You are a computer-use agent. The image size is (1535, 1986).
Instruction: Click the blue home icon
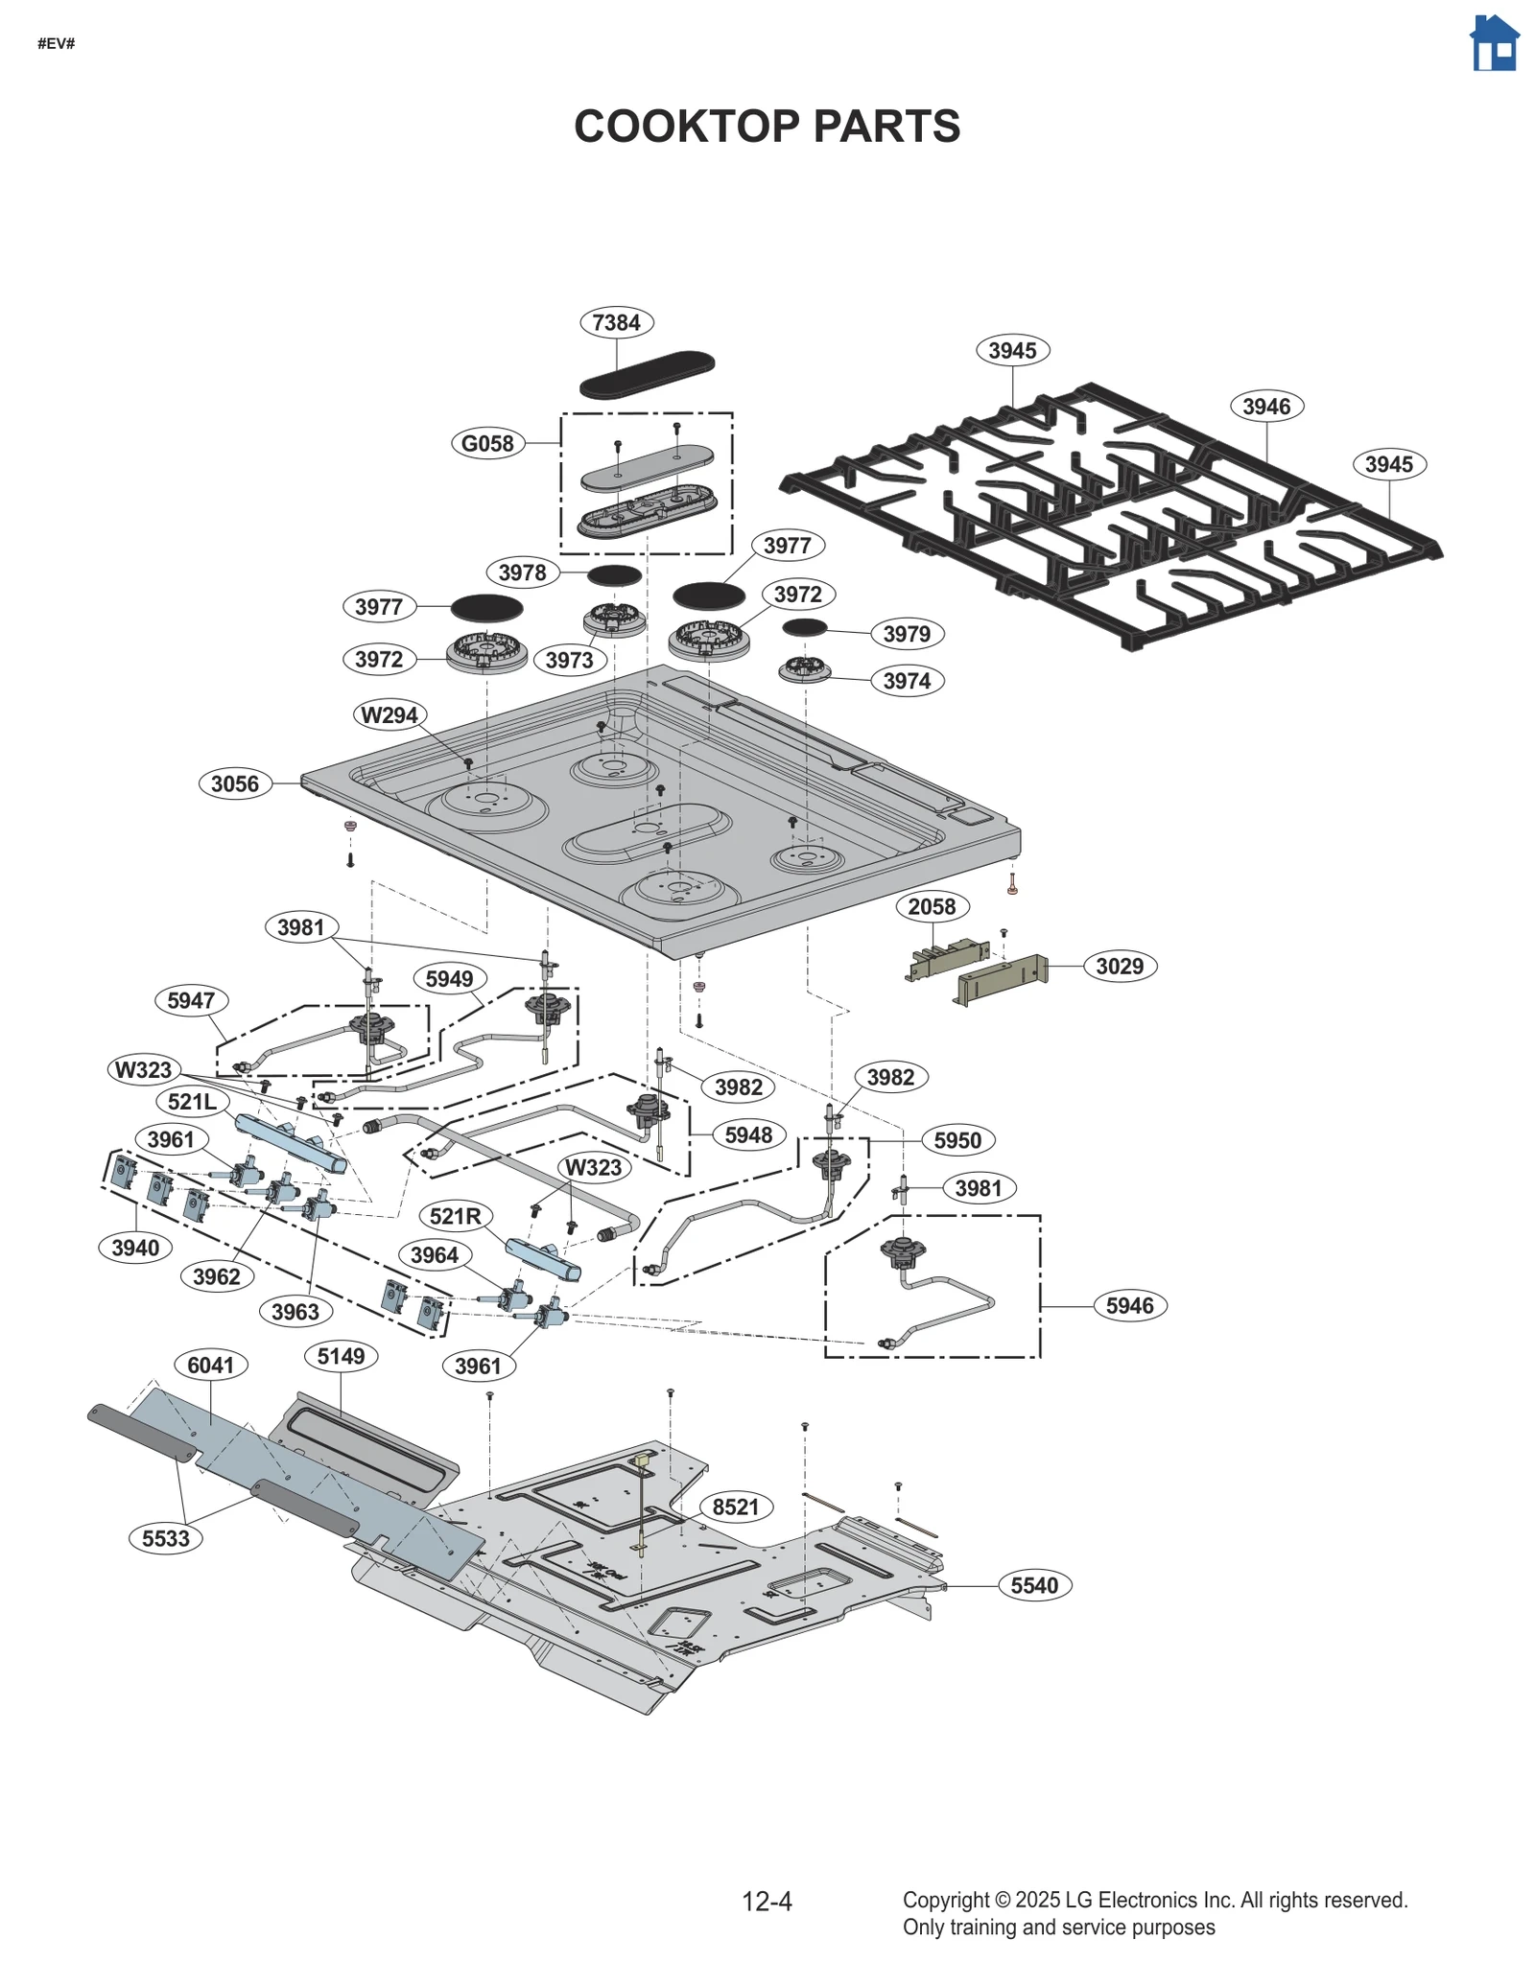tap(1494, 43)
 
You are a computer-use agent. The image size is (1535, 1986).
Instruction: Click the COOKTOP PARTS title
tap(767, 127)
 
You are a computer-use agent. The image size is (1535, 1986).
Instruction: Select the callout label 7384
tap(616, 322)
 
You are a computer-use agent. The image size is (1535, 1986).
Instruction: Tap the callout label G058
tap(487, 443)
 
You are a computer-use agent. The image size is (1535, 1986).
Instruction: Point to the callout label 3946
tap(1265, 406)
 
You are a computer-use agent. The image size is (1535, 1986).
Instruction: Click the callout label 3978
tap(522, 572)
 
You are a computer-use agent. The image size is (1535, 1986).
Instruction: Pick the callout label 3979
tap(906, 634)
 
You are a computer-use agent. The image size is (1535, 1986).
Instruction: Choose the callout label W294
tap(389, 714)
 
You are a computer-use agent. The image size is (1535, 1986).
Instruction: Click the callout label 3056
tap(235, 783)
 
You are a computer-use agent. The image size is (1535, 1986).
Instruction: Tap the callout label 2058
tap(932, 906)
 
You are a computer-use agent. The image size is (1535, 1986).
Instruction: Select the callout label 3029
tap(1120, 966)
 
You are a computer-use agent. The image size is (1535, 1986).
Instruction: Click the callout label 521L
tap(192, 1101)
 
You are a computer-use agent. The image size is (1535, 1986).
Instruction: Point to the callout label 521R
tap(455, 1216)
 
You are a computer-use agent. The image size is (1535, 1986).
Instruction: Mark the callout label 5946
tap(1129, 1305)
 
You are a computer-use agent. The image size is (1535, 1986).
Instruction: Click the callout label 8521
tap(736, 1507)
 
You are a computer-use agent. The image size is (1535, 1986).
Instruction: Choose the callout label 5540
tap(1034, 1585)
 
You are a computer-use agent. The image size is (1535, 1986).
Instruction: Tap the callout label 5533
tap(166, 1538)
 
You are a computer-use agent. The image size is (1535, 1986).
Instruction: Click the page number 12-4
tap(767, 1901)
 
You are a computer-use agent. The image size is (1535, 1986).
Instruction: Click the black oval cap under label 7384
tap(647, 374)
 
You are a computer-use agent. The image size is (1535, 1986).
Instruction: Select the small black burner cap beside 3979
tap(804, 627)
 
